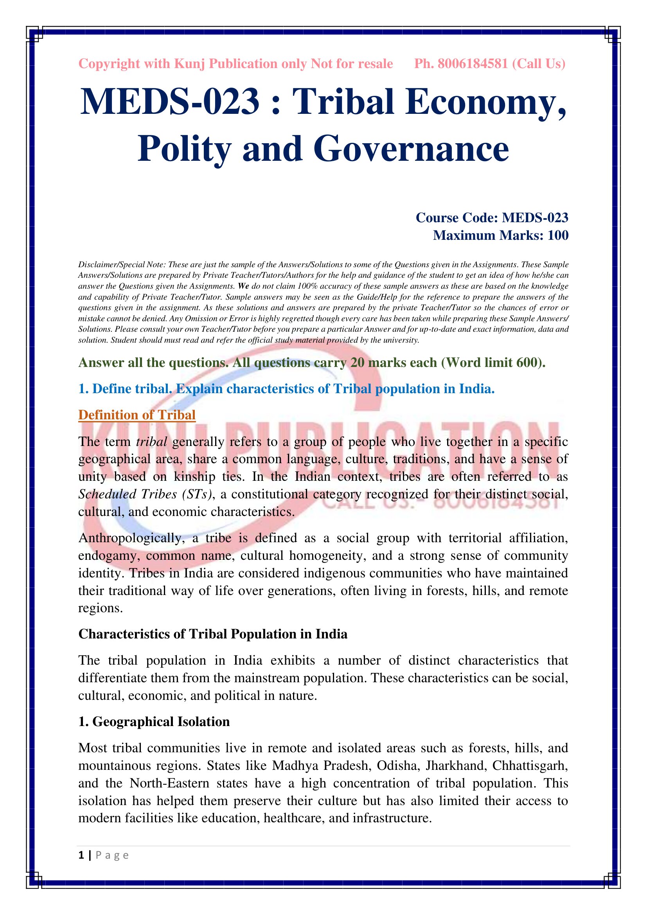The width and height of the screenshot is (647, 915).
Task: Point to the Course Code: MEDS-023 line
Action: coord(492,218)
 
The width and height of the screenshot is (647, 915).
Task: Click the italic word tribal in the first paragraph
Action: coord(151,442)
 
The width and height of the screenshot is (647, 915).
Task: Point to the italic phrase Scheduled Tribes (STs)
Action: coord(145,494)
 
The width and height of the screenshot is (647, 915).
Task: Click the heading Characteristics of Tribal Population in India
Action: coord(213,634)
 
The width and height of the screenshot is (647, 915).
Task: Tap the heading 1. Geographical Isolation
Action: coord(154,722)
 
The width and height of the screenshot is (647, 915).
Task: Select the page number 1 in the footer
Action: coord(81,855)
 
